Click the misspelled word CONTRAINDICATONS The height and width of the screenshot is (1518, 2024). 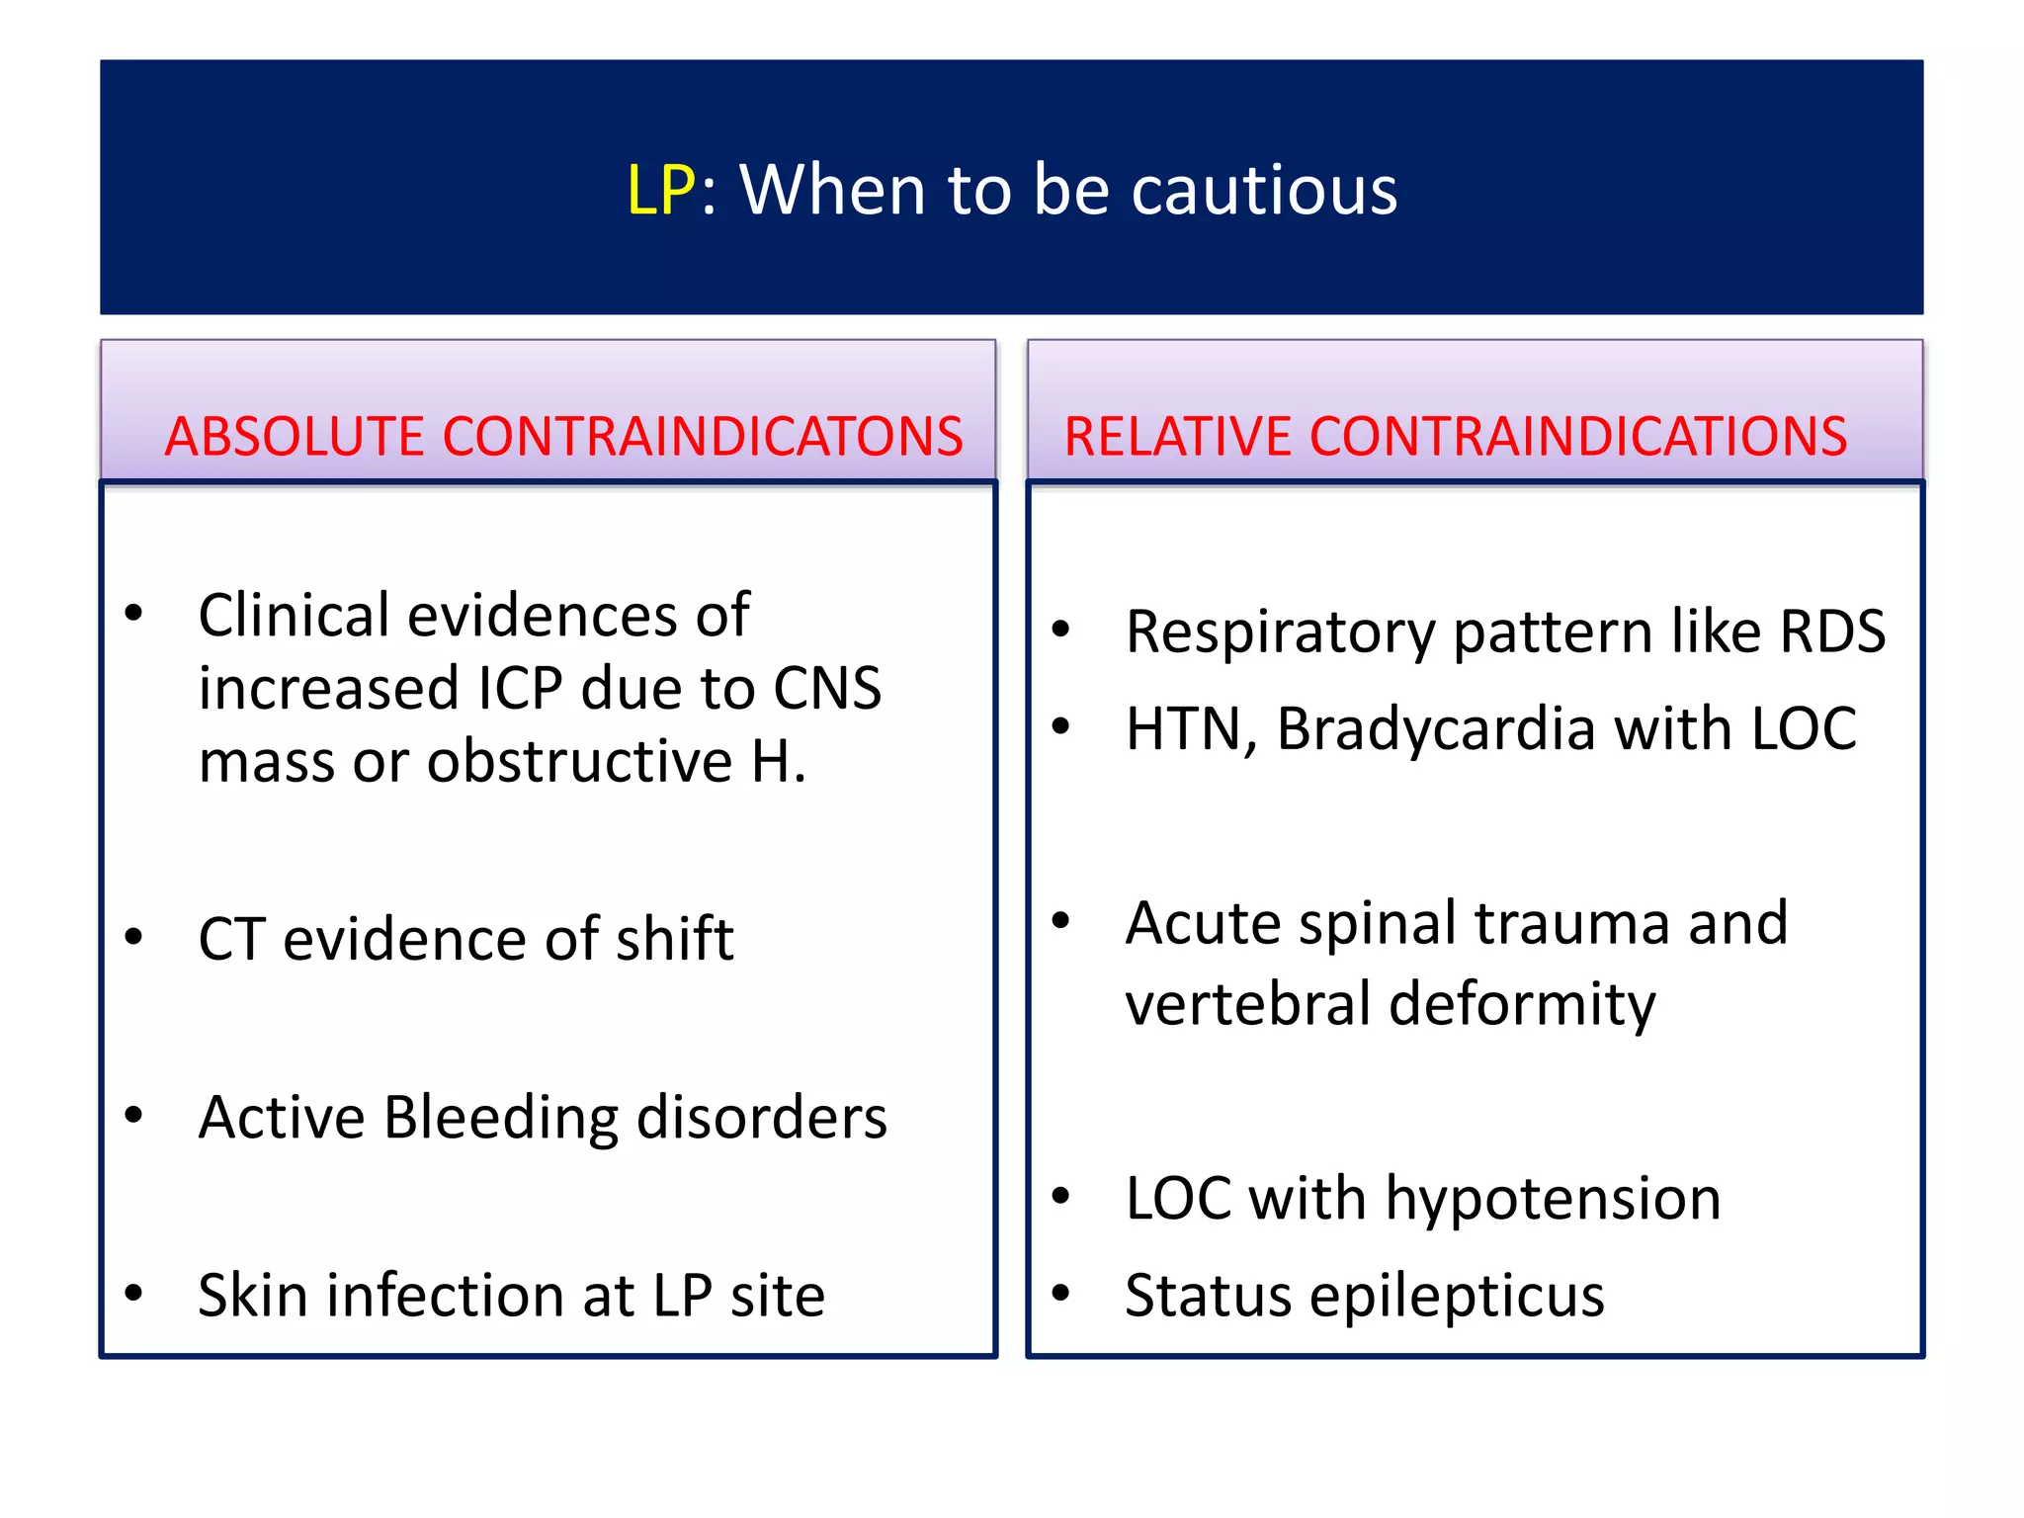[703, 437]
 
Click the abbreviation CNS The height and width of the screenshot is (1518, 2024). [827, 689]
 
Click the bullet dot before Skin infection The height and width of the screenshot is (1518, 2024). [134, 1293]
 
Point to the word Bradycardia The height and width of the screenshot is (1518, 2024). [1436, 729]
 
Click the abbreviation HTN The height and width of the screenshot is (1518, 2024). [1183, 729]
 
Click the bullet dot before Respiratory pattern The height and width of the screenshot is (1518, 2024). [1061, 629]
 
